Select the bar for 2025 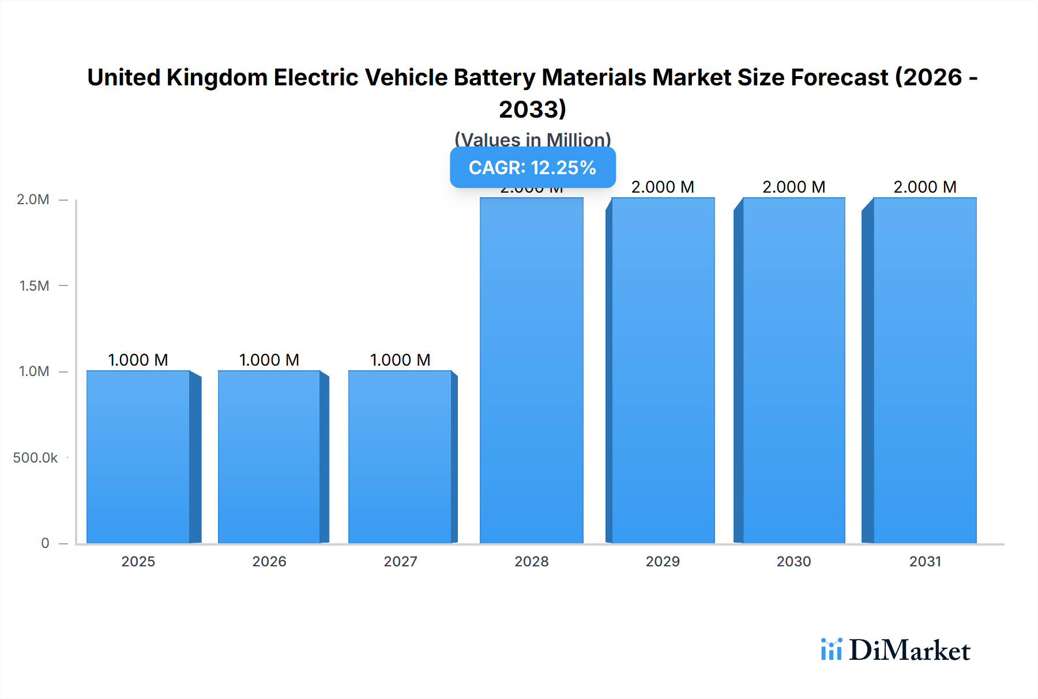point(138,457)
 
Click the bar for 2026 point(269,457)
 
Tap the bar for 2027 point(400,457)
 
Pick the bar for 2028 point(532,370)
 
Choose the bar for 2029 point(663,370)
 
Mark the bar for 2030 point(794,370)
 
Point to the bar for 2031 point(925,370)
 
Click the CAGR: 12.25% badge point(532,168)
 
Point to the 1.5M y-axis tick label point(34,285)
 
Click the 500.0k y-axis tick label point(35,457)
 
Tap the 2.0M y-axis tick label point(33,200)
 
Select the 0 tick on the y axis point(45,543)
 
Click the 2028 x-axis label point(532,561)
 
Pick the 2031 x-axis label point(925,561)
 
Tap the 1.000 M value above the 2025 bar point(138,360)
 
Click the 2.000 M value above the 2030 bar point(794,187)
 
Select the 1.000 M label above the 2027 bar point(400,360)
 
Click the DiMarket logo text point(909,651)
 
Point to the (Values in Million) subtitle point(532,140)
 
